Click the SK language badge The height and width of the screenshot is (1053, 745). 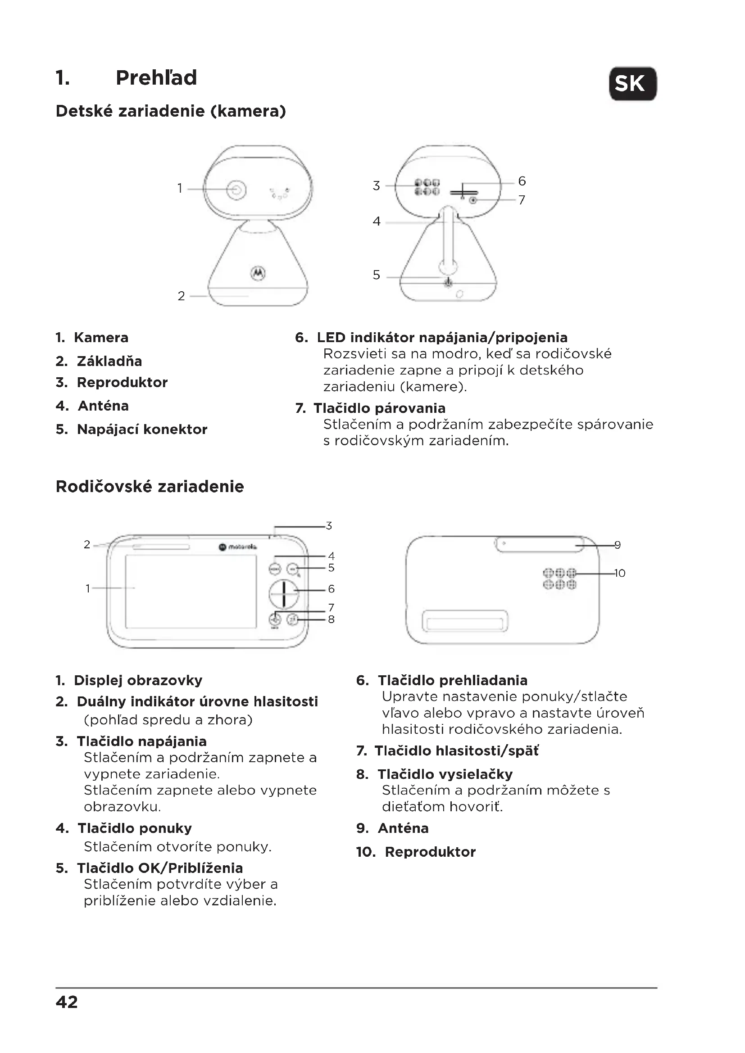632,83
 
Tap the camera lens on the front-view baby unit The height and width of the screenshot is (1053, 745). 236,190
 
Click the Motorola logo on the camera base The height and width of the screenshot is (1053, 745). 258,273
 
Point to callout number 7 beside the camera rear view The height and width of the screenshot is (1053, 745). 522,200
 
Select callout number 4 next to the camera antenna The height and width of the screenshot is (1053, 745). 376,221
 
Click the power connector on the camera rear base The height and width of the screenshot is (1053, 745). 448,283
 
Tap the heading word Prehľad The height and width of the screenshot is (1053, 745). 156,77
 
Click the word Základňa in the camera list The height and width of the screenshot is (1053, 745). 109,361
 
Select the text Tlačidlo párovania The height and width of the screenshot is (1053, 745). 379,408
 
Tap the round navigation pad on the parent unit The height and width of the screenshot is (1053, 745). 283,594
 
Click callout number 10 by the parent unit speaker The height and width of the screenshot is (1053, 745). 619,573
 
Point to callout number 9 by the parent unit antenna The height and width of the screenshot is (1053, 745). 618,545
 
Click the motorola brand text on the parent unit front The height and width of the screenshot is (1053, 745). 242,547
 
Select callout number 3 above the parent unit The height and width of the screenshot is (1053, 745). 328,525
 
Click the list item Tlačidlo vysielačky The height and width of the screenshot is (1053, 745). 445,774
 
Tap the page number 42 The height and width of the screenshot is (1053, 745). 67,1002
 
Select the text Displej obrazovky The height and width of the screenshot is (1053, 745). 138,680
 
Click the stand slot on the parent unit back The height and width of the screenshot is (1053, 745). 465,622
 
